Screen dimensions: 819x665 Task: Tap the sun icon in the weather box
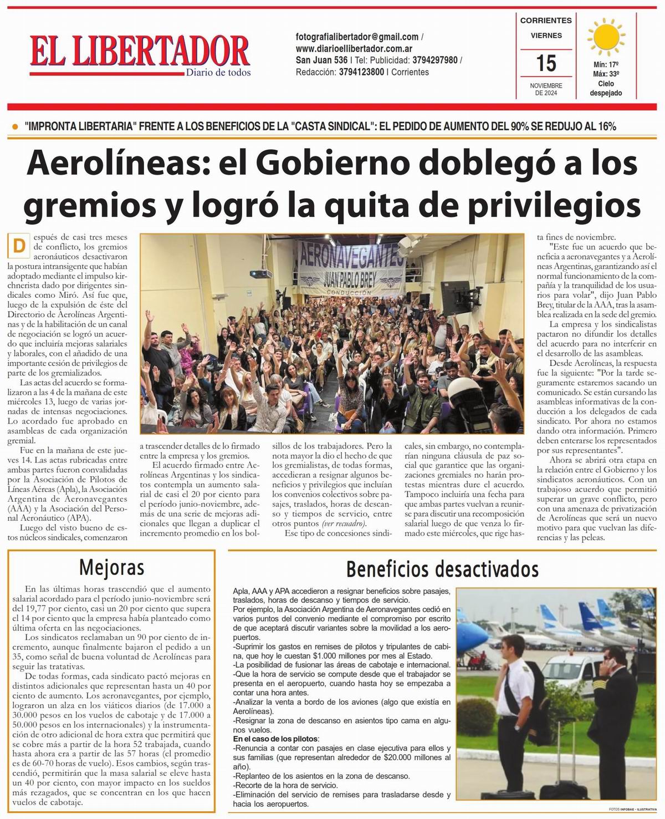coord(605,37)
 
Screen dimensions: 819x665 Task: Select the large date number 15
coord(546,63)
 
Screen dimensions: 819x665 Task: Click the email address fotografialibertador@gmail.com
coord(357,37)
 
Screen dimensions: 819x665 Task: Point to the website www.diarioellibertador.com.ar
coord(358,49)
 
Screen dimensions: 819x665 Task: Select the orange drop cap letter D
coord(19,245)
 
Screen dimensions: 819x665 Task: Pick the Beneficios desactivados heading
coord(442,569)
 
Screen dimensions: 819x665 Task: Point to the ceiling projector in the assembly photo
coord(260,273)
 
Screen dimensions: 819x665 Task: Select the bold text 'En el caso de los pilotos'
coord(275,739)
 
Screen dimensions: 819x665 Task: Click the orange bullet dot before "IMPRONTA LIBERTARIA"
coord(14,127)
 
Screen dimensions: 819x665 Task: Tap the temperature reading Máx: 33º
coord(606,74)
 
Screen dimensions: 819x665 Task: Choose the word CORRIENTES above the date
coord(546,21)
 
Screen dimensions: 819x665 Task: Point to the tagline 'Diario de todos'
coord(218,73)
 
